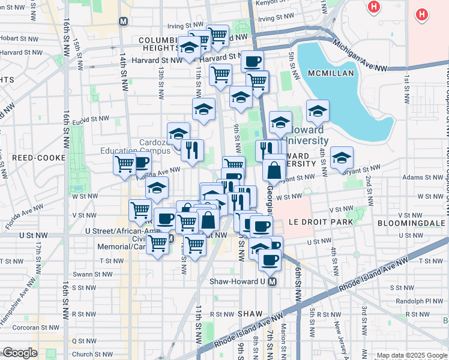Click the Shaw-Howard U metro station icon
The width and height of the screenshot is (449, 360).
click(273, 281)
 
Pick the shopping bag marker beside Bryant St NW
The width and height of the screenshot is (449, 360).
click(274, 169)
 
